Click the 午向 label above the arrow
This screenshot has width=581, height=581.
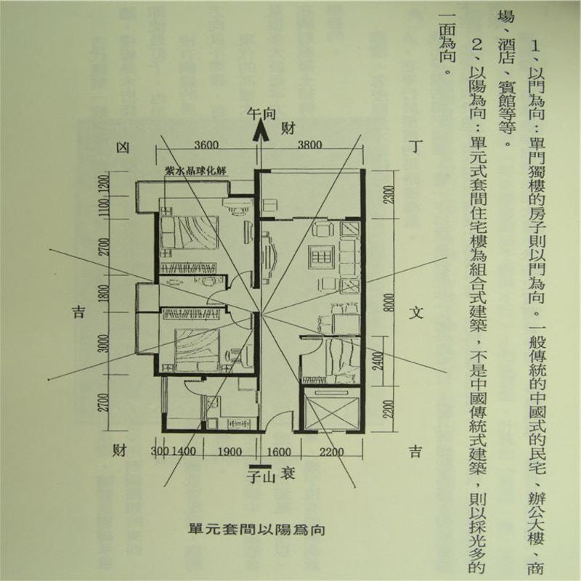click(x=261, y=114)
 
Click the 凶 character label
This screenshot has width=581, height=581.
click(x=123, y=148)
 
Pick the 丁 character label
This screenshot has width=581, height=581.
click(x=415, y=147)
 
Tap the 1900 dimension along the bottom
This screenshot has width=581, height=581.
click(x=230, y=452)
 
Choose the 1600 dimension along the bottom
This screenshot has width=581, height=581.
click(x=279, y=452)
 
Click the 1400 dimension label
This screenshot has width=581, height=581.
click(x=185, y=452)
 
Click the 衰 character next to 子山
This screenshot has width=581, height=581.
click(x=279, y=476)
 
